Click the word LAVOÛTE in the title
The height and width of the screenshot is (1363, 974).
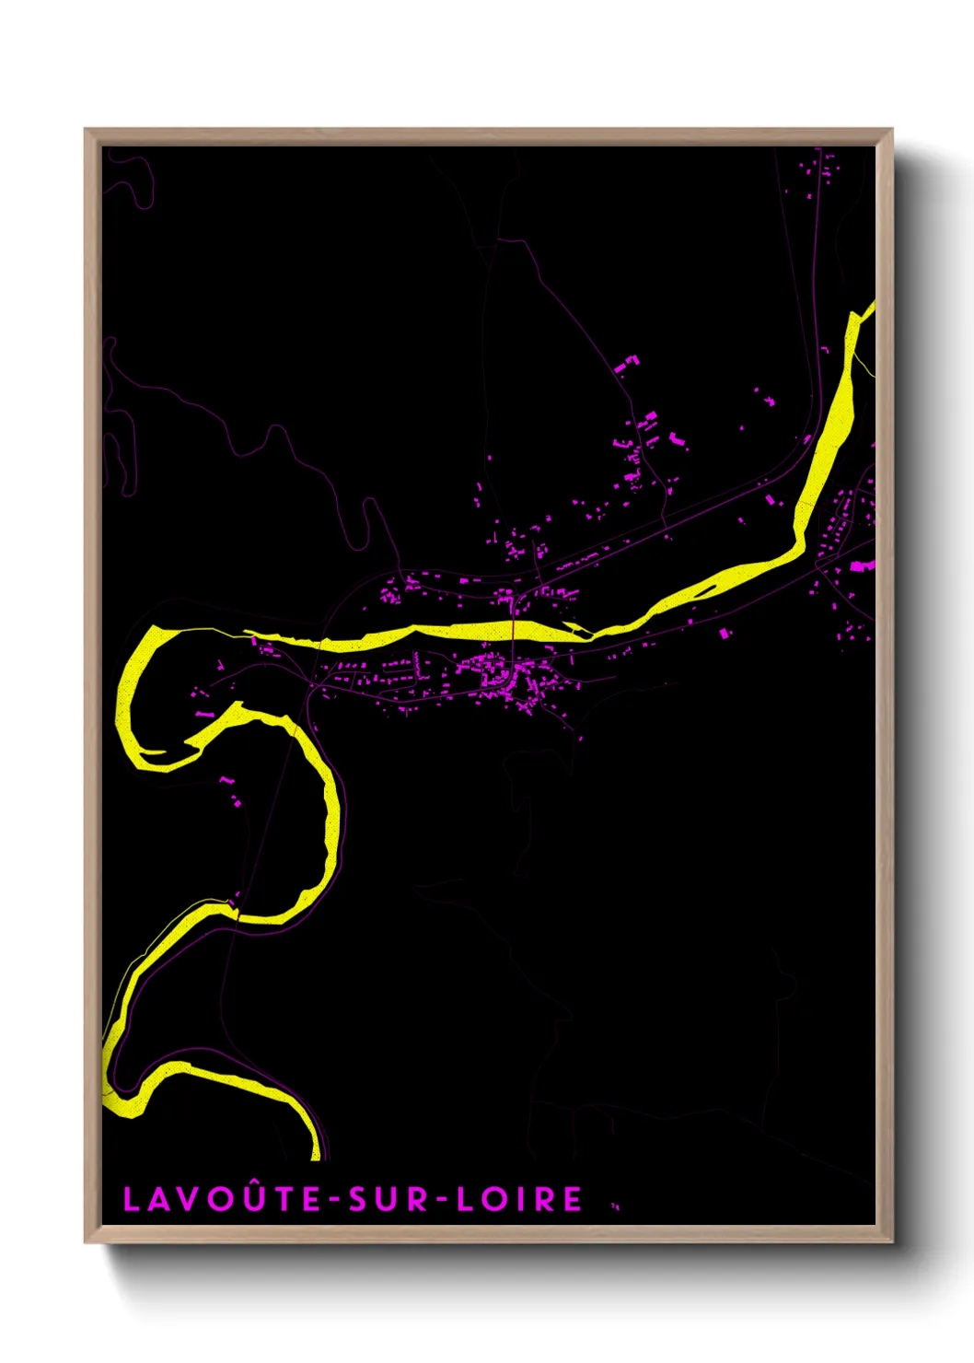tap(222, 1199)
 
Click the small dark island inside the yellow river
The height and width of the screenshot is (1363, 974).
tap(704, 588)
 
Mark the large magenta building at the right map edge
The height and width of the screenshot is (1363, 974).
tap(862, 565)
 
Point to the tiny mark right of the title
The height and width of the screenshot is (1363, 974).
tap(615, 1205)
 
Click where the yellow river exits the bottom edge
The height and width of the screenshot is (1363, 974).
tap(315, 1156)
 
